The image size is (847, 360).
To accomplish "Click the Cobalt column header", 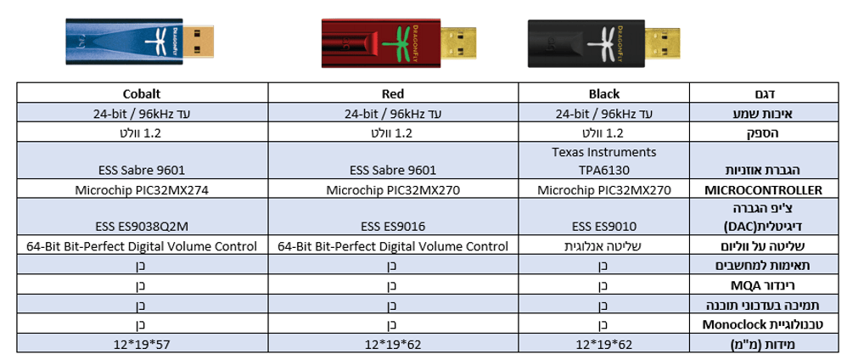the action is tap(143, 94).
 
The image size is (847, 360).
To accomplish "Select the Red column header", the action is tap(393, 94).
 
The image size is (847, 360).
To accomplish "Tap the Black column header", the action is tap(604, 94).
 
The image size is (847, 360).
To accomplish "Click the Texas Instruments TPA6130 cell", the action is tap(604, 161).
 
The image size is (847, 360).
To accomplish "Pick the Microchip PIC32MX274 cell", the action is tap(142, 189).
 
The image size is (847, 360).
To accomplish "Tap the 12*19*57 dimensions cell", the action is tap(142, 344).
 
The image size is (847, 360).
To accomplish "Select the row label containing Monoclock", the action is tap(762, 324).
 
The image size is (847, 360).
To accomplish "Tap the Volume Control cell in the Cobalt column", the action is tap(142, 246).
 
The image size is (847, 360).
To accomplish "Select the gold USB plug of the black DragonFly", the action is tap(663, 43).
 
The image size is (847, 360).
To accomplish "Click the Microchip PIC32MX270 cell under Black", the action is tap(604, 189).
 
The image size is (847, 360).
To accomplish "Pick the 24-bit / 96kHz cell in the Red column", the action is tap(393, 114).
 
